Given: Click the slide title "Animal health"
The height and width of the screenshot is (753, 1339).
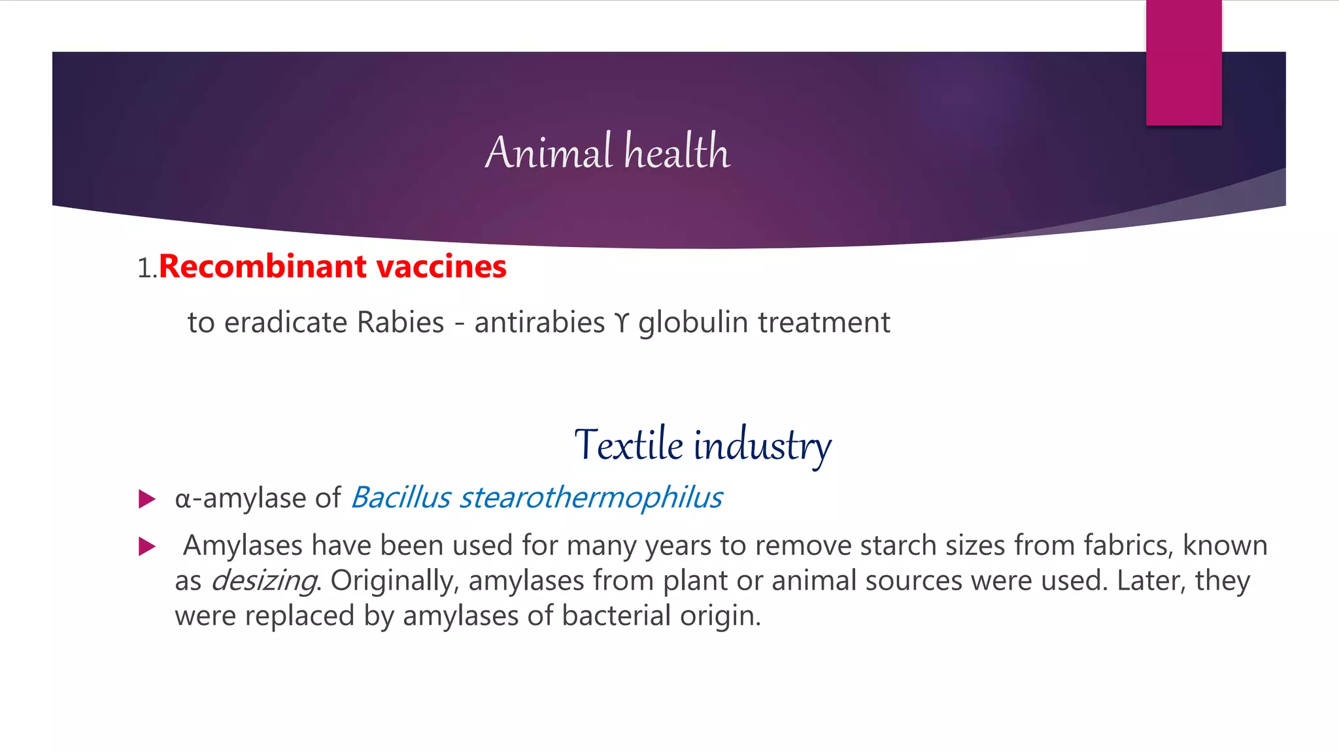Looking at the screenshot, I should point(607,152).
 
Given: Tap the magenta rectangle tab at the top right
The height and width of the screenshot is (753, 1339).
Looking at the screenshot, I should point(1183,63).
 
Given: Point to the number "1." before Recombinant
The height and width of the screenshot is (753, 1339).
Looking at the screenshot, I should point(147,268).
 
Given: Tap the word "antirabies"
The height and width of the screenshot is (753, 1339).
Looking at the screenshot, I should point(539,323).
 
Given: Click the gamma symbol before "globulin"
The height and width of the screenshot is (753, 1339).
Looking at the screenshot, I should point(621,323).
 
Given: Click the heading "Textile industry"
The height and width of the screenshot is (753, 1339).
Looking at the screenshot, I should point(703,446).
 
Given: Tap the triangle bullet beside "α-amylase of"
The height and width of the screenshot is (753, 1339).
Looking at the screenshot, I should point(147,500).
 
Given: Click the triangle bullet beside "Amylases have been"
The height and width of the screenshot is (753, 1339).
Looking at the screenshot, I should point(147,546).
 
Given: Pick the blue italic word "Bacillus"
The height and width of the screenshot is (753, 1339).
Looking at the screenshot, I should point(401,498).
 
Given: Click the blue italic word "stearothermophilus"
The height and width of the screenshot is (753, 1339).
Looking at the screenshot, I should point(591,498).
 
